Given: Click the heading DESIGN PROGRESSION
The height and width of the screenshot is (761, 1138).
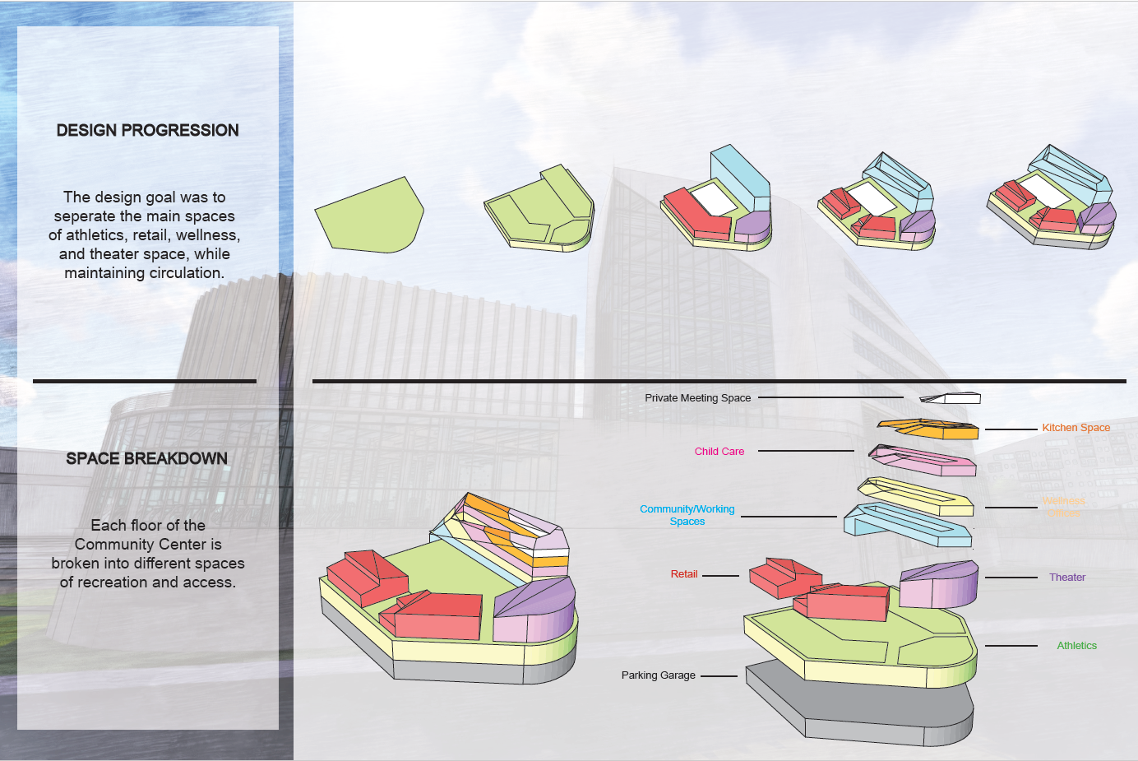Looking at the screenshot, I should tap(147, 130).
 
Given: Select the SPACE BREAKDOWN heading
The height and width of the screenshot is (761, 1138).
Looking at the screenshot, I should tap(146, 458).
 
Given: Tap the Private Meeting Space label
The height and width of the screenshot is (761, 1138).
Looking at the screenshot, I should tap(697, 398).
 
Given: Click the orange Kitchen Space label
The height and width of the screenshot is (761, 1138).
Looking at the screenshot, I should tap(1076, 428).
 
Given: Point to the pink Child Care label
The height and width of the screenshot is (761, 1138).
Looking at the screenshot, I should tap(719, 452).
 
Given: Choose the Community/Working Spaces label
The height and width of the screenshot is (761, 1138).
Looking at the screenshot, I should tap(687, 515).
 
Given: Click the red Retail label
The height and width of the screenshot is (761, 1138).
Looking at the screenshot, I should tap(683, 574).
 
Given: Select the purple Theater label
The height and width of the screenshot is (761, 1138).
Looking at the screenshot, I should tap(1066, 578).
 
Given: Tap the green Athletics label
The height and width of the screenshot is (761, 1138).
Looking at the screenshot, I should tap(1076, 646).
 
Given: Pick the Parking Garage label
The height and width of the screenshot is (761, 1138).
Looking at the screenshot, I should tap(658, 675).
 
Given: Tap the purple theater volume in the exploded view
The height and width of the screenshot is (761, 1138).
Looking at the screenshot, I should tap(939, 585).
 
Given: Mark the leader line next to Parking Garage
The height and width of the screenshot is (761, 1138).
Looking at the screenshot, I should tap(719, 676).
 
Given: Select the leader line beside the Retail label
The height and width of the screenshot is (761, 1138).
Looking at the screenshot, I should tap(720, 575).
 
